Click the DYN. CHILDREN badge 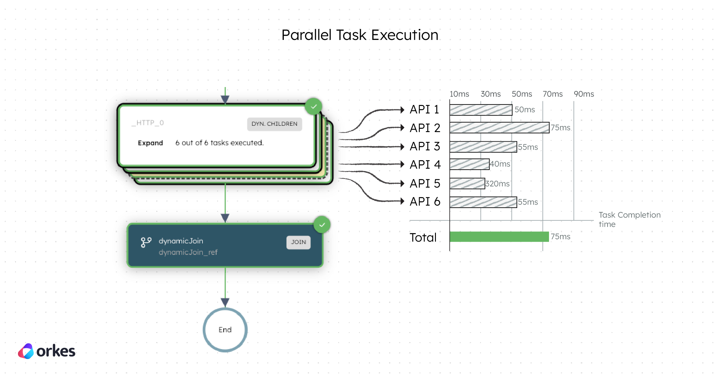coord(274,124)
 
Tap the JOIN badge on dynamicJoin coord(298,242)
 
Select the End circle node coord(225,330)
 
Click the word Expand coord(150,143)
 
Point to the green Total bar coord(499,237)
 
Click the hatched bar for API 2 coord(499,128)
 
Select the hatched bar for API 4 coord(469,164)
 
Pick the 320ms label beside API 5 coord(497,184)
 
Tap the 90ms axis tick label coord(583,94)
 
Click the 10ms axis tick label coord(459,94)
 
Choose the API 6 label coord(425,201)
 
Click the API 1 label coord(424,110)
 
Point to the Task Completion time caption coord(629,219)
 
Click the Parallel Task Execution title coord(360,35)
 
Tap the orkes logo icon coord(26,351)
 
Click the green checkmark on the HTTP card coord(313,106)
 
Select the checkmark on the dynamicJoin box coord(322,225)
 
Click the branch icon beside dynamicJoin coord(146,242)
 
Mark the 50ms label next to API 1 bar coord(524,110)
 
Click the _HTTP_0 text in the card coord(148,123)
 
